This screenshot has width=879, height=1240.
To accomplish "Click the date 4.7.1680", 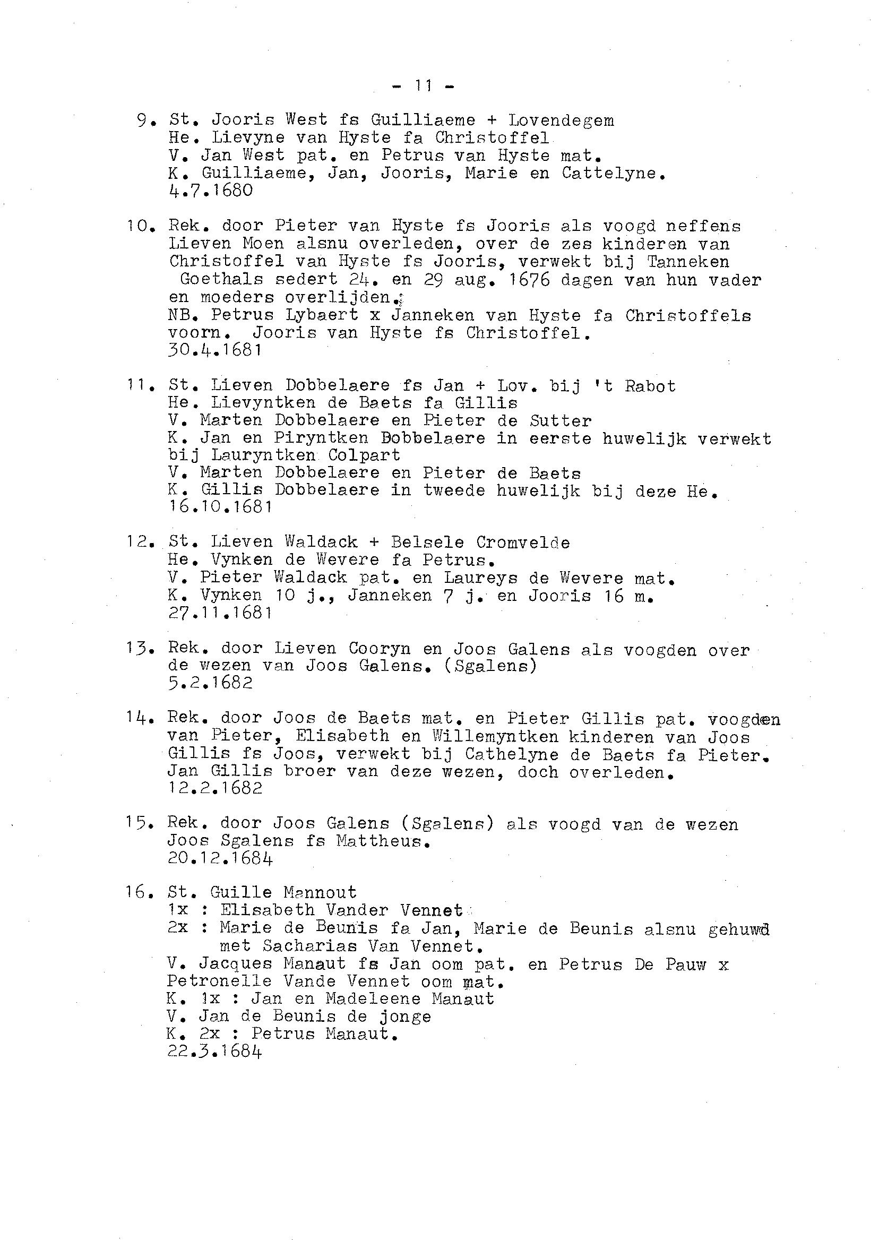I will tap(211, 191).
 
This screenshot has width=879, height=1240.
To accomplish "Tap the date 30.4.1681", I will tap(215, 350).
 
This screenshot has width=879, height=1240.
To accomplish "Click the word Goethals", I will tap(221, 280).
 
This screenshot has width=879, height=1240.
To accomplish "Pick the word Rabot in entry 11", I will tap(650, 386).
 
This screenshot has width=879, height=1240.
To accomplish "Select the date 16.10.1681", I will tap(220, 507).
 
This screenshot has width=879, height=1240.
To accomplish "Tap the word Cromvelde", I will tap(523, 542).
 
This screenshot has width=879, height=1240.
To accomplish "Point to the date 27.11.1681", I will tap(220, 613).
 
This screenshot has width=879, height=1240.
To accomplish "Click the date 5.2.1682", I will tap(210, 683).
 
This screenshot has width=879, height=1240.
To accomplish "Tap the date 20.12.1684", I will tap(220, 858).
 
